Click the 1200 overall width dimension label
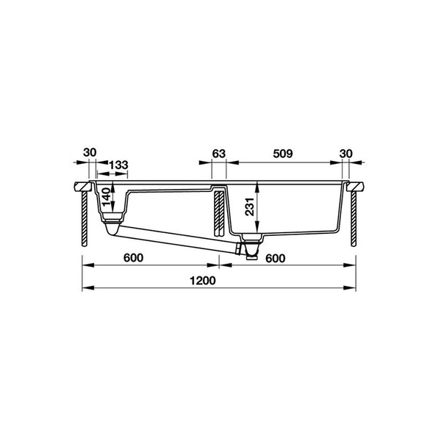click(218, 281)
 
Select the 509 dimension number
click(283, 154)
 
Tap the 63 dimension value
click(218, 154)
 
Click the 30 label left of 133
click(90, 153)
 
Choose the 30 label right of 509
click(346, 154)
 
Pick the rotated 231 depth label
click(251, 209)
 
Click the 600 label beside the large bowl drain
click(274, 258)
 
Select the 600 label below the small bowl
click(132, 258)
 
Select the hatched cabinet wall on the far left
click(85, 217)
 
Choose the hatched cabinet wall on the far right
click(354, 217)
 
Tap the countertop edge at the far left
click(80, 184)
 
